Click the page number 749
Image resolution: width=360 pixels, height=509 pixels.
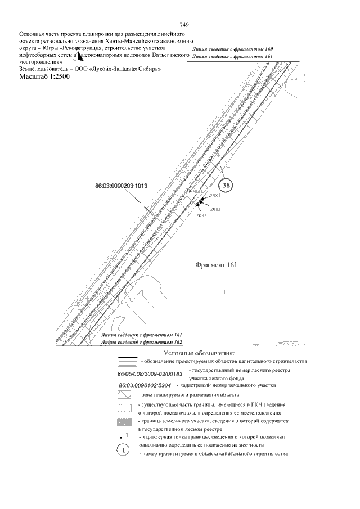tap(184, 25)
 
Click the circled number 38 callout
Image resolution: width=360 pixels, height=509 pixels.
tap(226, 185)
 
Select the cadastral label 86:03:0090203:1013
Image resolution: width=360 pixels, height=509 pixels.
tap(121, 185)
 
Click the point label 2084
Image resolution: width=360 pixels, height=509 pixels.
tap(214, 196)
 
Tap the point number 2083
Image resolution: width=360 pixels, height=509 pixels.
tap(215, 209)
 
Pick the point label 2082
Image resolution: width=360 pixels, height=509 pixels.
tap(201, 215)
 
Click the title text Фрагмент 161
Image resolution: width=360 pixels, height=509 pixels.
tap(215, 264)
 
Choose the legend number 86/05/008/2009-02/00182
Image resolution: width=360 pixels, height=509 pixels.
tap(151, 374)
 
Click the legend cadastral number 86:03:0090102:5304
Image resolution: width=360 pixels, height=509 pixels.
tap(146, 386)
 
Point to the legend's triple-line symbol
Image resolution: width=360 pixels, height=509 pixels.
tap(127, 360)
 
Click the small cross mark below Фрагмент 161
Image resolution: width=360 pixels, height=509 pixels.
tap(224, 292)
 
